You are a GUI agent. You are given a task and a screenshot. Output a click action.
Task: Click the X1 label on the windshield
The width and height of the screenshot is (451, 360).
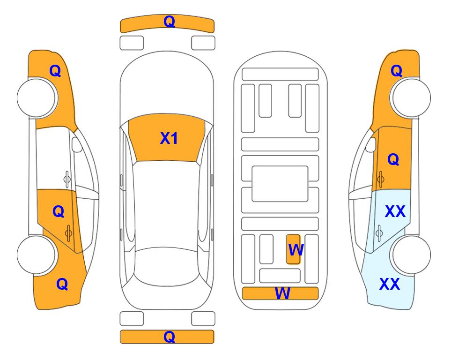coord(169,138)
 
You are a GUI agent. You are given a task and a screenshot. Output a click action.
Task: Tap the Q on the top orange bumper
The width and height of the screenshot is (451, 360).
coord(169,21)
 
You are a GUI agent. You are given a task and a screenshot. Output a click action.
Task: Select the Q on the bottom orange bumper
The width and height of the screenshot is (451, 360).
coord(169,337)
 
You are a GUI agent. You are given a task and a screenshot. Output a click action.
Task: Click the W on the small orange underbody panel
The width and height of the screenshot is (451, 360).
coord(296,250)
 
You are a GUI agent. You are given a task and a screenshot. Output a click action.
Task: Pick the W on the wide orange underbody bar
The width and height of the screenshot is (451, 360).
coord(282,293)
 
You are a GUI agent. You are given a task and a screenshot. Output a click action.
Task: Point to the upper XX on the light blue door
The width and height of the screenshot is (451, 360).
coord(395,211)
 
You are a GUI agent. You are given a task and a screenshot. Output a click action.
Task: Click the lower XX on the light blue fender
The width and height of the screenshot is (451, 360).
coord(390,284)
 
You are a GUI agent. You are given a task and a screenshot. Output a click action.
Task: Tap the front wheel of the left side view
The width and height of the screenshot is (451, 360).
coord(37,98)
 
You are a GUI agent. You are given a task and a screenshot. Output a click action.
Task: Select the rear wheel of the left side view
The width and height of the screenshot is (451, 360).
coord(37,255)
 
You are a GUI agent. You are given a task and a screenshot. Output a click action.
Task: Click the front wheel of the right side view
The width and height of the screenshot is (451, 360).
coord(410,98)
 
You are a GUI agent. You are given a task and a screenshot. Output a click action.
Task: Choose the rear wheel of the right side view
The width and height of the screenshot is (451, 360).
coord(410,255)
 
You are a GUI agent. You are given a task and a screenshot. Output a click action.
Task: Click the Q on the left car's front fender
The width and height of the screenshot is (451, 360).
coord(55,71)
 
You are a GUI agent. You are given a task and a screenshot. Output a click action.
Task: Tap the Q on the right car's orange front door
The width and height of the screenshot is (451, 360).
coord(393,159)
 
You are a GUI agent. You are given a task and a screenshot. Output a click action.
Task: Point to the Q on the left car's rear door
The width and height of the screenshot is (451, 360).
coord(59,212)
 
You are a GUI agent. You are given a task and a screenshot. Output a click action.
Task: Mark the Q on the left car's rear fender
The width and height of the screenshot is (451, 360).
coord(62,284)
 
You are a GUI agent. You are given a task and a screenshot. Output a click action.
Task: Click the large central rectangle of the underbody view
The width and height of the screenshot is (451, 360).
coord(280,184)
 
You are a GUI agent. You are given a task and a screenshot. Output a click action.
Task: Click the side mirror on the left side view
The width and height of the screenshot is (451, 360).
coord(76,144)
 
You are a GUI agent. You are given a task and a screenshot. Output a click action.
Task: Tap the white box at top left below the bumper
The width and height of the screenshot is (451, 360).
coord(132,43)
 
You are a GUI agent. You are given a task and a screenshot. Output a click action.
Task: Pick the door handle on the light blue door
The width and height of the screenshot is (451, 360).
coord(379,233)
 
